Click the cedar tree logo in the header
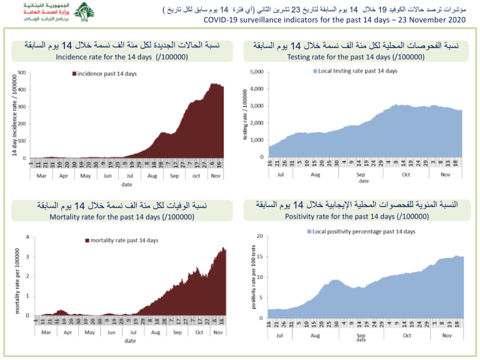pos(84,12)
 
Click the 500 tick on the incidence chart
pos(22,72)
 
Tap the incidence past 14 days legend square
pos(74,73)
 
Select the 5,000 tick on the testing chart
pos(256,72)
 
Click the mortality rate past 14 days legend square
pos(87,240)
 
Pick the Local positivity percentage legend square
pos(309,232)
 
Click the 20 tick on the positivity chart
pos(259,236)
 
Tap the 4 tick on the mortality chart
pos(27,237)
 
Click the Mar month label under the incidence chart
pos(41,176)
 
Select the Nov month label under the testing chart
pos(445,174)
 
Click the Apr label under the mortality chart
pos(68,332)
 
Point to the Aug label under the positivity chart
pos(315,336)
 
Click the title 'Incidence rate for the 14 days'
pos(122,57)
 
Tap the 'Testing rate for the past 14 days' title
pos(355,57)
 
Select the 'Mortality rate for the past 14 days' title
pos(122,217)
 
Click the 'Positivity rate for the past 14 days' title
pos(357,216)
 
